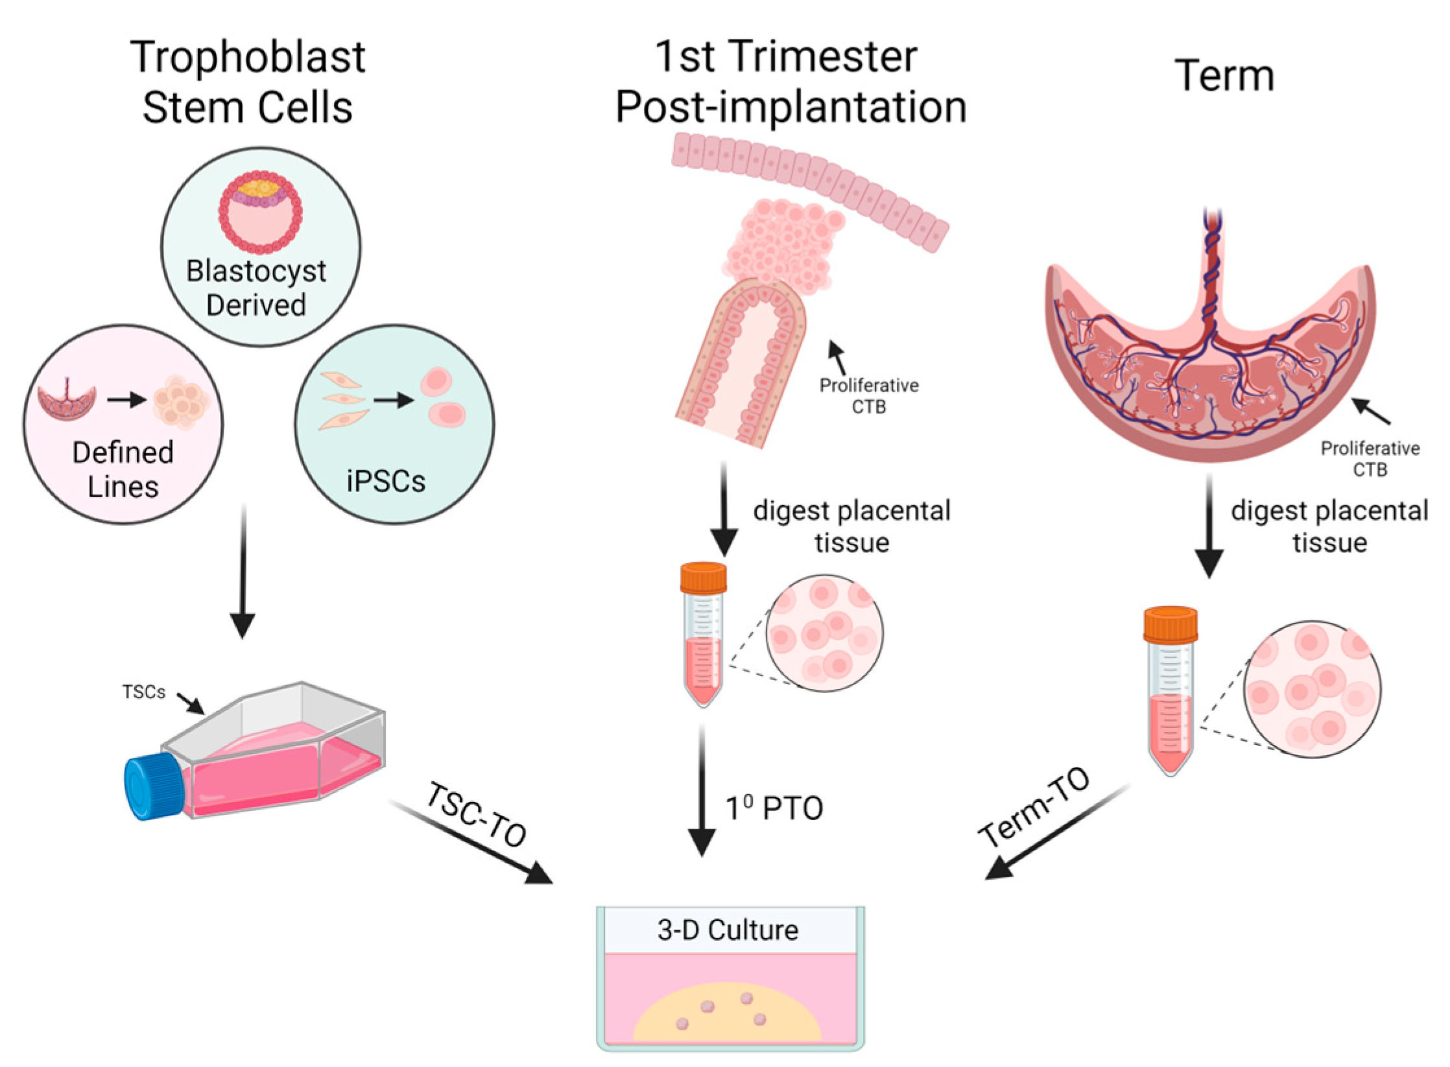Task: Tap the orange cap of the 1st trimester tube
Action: pyautogui.click(x=703, y=578)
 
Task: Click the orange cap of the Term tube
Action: pyautogui.click(x=1170, y=624)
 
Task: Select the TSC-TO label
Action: pyautogui.click(x=477, y=815)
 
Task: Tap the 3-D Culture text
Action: pyautogui.click(x=728, y=930)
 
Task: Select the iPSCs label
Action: pyautogui.click(x=386, y=481)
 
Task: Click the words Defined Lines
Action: pyautogui.click(x=123, y=469)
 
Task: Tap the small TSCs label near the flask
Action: pyautogui.click(x=144, y=692)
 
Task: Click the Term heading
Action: pyautogui.click(x=1224, y=76)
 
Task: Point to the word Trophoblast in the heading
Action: pyautogui.click(x=248, y=57)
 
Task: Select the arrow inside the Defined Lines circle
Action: pyautogui.click(x=126, y=400)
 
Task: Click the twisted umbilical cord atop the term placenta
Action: pyautogui.click(x=1211, y=266)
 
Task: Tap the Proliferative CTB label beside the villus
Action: pyautogui.click(x=869, y=395)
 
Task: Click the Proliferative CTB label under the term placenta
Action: pyautogui.click(x=1370, y=458)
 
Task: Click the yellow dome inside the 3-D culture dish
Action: pyautogui.click(x=726, y=1015)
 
